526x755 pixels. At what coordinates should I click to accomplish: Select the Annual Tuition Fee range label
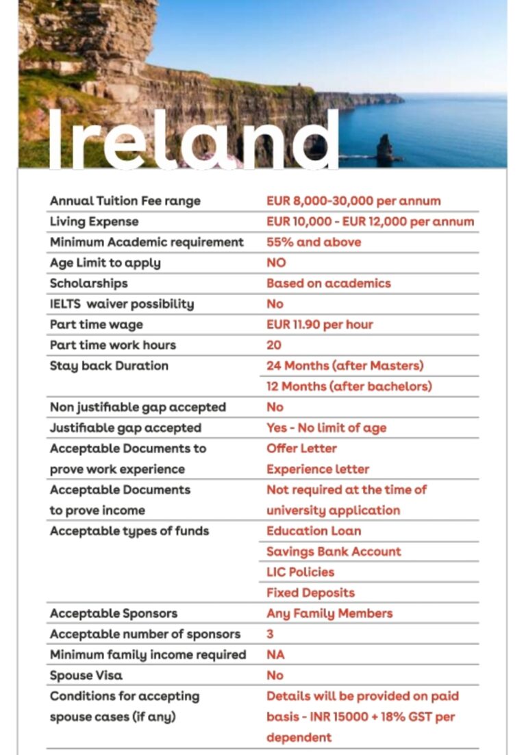point(125,201)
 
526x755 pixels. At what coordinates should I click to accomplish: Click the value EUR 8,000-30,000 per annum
point(353,201)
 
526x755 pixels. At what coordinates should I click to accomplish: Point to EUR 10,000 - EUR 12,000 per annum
point(370,222)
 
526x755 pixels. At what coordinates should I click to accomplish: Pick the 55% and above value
point(314,242)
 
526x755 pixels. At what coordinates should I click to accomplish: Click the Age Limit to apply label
point(105,263)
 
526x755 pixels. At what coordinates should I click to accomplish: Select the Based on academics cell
point(329,283)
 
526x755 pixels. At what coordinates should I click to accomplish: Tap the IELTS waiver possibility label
point(122,304)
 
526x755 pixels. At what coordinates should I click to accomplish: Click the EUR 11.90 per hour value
point(320,324)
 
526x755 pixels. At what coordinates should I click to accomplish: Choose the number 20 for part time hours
point(274,345)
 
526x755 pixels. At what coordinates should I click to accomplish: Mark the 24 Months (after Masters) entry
point(345,366)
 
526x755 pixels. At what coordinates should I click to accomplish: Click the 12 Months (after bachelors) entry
point(349,386)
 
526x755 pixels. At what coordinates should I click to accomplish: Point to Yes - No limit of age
point(327,428)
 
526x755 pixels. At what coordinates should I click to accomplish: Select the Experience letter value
point(318,469)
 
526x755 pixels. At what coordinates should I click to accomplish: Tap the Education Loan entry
point(314,530)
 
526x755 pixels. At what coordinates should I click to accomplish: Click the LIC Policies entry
point(301,572)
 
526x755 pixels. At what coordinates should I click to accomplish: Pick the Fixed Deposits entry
point(311,593)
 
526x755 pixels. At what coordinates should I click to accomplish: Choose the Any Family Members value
point(329,613)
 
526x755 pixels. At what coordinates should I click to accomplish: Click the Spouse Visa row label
point(86,675)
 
